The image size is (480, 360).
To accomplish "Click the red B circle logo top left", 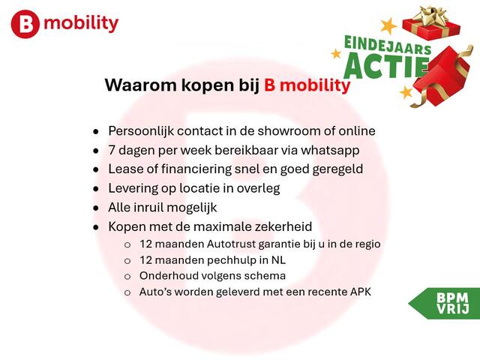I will [25, 25].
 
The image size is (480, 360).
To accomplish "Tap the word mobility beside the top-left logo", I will [81, 23].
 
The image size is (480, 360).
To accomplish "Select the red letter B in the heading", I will [270, 85].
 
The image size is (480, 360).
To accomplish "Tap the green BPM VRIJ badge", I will [448, 303].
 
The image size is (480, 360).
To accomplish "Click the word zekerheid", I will [283, 226].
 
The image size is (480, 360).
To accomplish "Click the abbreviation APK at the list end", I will [358, 292].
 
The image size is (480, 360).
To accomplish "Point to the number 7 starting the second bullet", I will [112, 150].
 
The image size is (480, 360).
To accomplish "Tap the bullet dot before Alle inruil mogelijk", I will [95, 208].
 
